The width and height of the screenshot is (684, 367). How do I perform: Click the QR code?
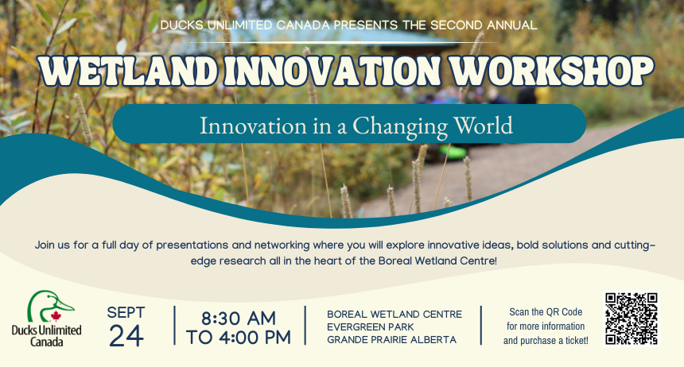[632, 319]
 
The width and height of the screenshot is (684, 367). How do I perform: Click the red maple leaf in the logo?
[56, 315]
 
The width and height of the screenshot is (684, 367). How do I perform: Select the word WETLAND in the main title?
[128, 71]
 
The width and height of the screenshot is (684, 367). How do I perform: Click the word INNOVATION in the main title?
[332, 71]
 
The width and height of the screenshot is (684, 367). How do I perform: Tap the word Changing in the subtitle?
[400, 126]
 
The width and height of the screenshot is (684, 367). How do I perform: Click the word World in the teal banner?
[484, 126]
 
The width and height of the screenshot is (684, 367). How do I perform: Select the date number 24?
[126, 336]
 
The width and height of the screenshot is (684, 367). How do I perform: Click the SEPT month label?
[126, 312]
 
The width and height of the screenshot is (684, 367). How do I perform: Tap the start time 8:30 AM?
[239, 319]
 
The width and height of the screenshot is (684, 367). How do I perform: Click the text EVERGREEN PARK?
[371, 327]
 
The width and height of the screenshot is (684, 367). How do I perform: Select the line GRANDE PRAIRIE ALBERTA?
[392, 339]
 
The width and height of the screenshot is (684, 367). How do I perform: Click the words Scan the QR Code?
[546, 312]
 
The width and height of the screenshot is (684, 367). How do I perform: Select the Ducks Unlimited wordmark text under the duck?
[47, 336]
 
